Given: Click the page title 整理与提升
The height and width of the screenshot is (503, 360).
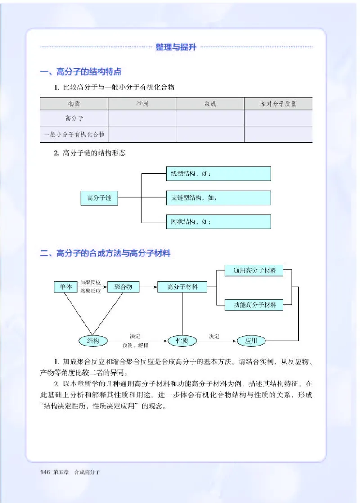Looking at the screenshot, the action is [x=176, y=47].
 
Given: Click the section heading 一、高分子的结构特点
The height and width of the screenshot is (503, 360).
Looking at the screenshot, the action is [x=81, y=72].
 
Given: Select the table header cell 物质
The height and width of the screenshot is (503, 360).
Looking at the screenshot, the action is [x=74, y=104].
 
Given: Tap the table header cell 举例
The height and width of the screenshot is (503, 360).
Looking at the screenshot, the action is [x=142, y=104].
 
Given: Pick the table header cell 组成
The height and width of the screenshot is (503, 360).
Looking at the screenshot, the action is [x=210, y=104].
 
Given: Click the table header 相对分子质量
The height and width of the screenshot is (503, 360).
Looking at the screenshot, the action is [x=278, y=104].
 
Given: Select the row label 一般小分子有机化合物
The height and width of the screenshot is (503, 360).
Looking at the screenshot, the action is [x=74, y=134].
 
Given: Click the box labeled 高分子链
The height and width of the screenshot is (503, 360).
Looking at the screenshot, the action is [x=99, y=198].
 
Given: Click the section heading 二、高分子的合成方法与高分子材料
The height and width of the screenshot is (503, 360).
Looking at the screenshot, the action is [x=105, y=254].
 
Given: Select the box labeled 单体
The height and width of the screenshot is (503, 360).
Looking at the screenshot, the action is [x=66, y=287].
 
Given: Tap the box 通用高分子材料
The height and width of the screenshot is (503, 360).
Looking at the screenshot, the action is [x=255, y=271].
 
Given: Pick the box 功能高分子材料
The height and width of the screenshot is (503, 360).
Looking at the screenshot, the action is [x=255, y=305].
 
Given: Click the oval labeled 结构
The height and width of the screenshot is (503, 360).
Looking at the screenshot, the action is [x=94, y=341].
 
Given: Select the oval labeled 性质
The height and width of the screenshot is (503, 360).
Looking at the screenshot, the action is [x=182, y=341].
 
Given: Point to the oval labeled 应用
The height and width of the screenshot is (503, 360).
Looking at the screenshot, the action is [x=252, y=341].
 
